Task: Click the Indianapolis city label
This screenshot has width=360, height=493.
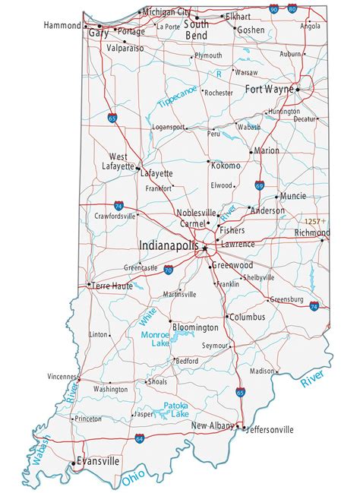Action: tap(169, 246)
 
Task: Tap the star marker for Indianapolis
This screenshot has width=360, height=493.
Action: tap(204, 246)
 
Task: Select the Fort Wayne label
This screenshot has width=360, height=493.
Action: tap(269, 89)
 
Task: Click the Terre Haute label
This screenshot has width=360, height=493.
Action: tap(112, 286)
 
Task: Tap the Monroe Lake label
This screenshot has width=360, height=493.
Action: tap(155, 339)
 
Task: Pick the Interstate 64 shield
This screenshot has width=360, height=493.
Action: tap(140, 438)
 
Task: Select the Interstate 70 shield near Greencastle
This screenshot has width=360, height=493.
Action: tap(167, 270)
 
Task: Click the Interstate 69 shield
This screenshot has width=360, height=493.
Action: tap(260, 185)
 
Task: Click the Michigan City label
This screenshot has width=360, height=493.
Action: tap(167, 13)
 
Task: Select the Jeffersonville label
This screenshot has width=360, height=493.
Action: tap(269, 429)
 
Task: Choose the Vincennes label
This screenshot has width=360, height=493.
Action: tap(62, 376)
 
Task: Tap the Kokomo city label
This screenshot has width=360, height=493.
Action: tap(226, 165)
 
